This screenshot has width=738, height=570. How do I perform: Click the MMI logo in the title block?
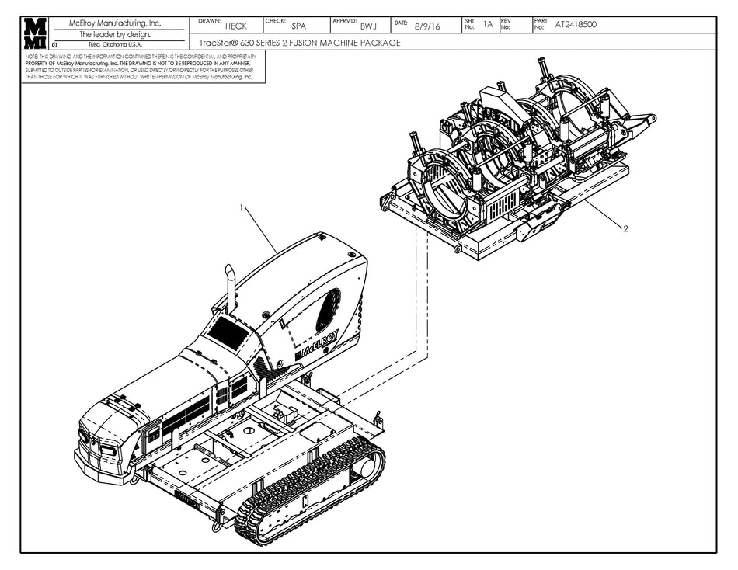(x=36, y=33)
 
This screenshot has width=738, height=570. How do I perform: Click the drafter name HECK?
(x=235, y=26)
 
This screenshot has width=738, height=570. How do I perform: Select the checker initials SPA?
(x=298, y=26)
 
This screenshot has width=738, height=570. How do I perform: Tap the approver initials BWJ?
(x=368, y=26)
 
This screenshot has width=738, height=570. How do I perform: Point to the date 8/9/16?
(x=426, y=26)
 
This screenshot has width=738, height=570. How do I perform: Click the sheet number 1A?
(x=488, y=24)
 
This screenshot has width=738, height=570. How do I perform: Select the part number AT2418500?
(x=576, y=24)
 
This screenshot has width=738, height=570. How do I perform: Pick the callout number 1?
(x=242, y=208)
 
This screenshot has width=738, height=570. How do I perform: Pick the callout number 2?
(x=625, y=228)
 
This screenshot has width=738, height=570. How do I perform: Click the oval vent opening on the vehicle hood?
(x=328, y=309)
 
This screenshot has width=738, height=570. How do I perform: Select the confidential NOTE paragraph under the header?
(x=140, y=67)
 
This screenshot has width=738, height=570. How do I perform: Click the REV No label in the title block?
(x=506, y=24)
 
